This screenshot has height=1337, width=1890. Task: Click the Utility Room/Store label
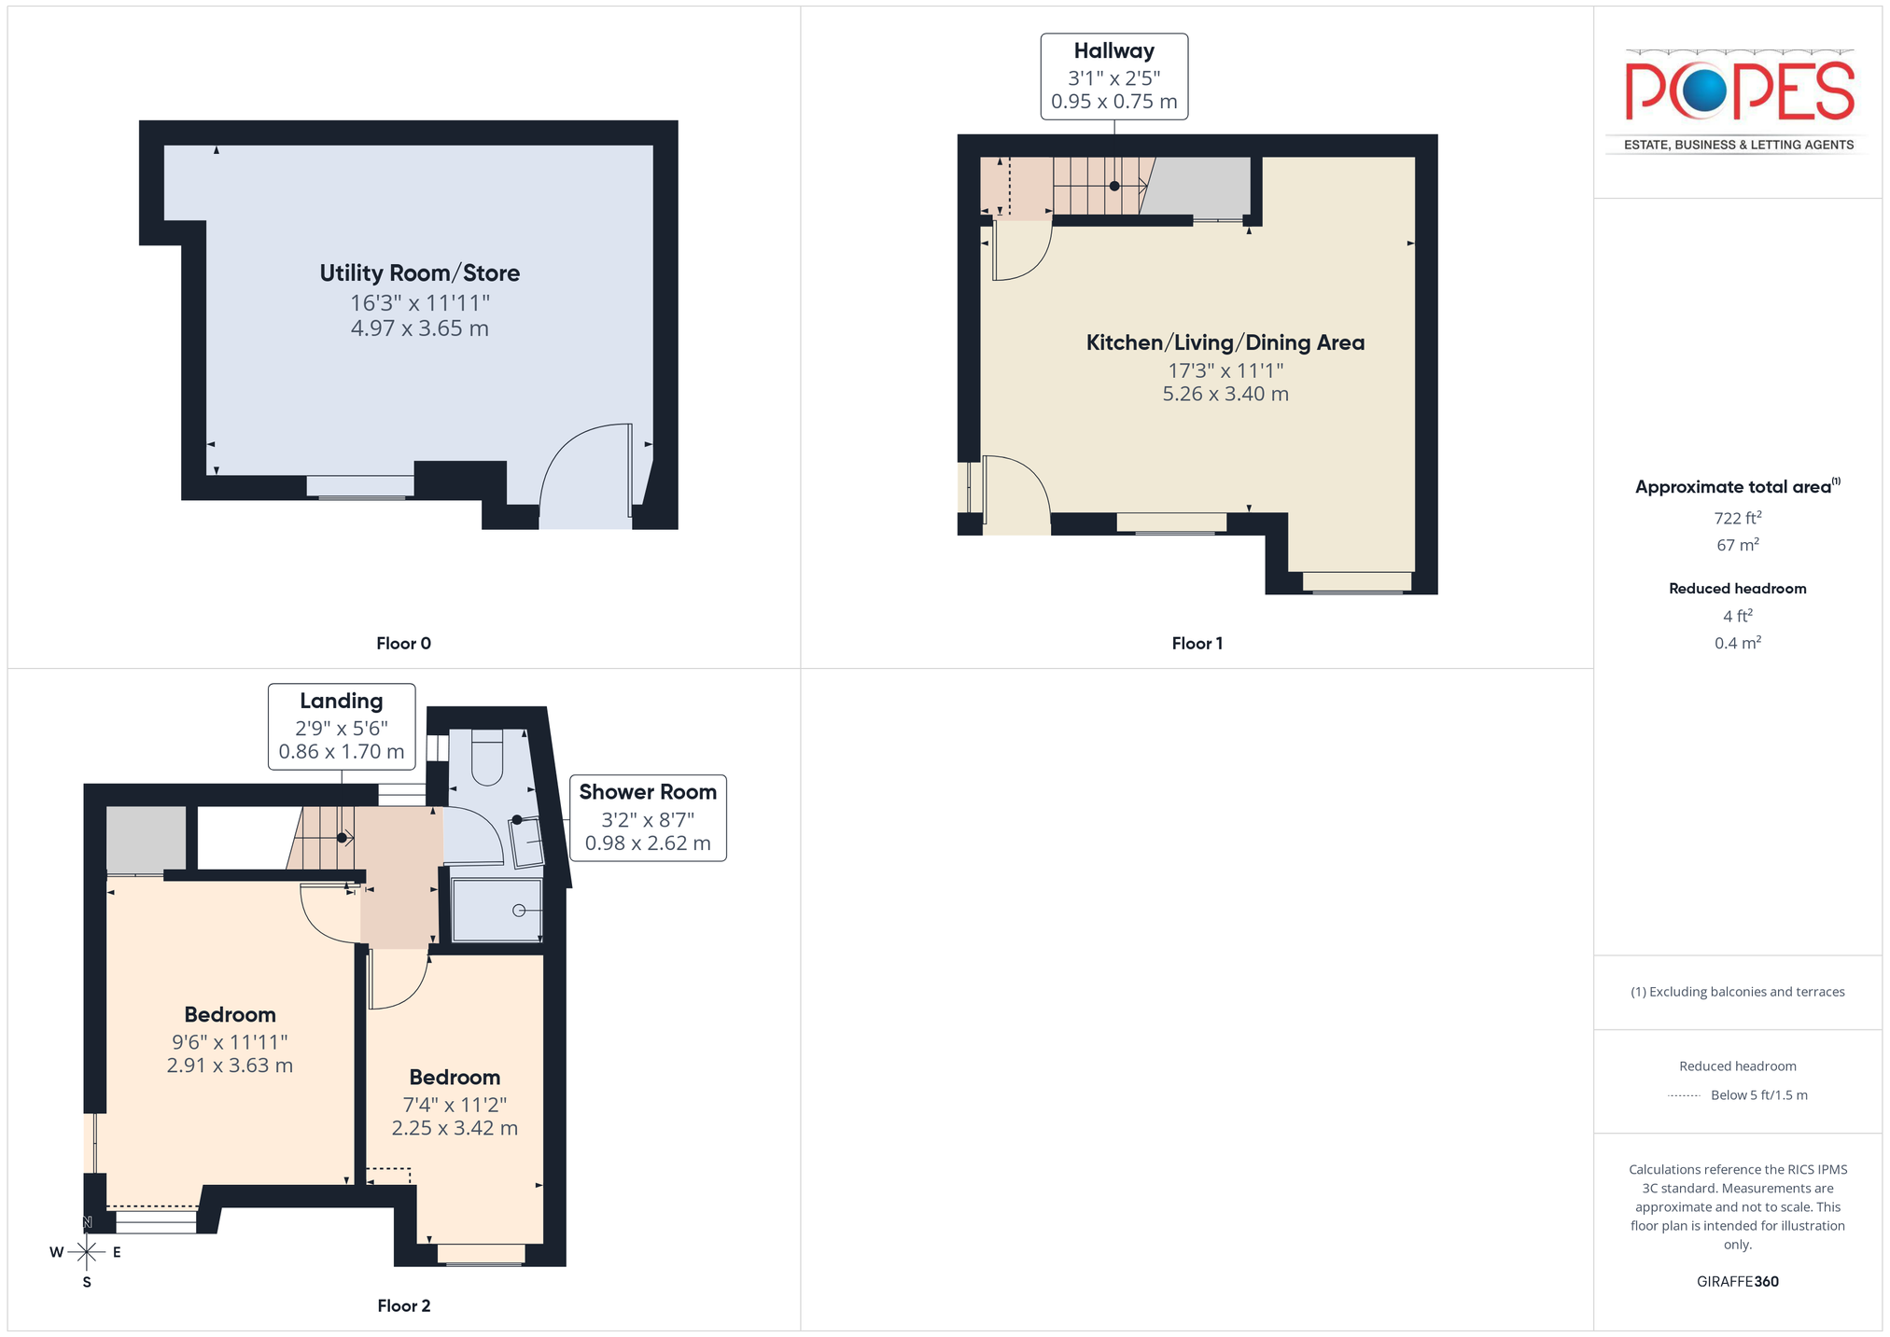[x=420, y=273]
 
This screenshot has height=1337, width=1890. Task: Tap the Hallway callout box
[x=1114, y=77]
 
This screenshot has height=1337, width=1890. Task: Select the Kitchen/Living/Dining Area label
[x=1225, y=342]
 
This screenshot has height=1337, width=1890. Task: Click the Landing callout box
[x=342, y=727]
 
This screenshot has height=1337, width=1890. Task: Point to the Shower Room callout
[x=648, y=817]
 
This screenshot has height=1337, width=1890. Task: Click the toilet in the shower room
[x=487, y=757]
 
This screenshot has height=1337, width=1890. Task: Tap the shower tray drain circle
[x=519, y=911]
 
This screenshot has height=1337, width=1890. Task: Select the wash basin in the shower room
[x=526, y=842]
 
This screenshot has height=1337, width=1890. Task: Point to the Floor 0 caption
[x=403, y=643]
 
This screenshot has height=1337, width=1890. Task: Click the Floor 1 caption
[x=1197, y=643]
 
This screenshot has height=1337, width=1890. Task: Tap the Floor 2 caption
[x=404, y=1305]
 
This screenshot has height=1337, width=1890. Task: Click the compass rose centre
[x=87, y=1251]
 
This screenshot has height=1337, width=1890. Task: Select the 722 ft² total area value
[x=1738, y=518]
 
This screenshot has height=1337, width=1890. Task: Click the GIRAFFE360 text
[x=1738, y=1281]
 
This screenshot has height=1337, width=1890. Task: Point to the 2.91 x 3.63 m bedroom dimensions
[x=230, y=1065]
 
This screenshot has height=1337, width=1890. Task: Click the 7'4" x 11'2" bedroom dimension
[x=455, y=1105]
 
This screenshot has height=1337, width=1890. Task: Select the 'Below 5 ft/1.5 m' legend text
[x=1759, y=1095]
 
